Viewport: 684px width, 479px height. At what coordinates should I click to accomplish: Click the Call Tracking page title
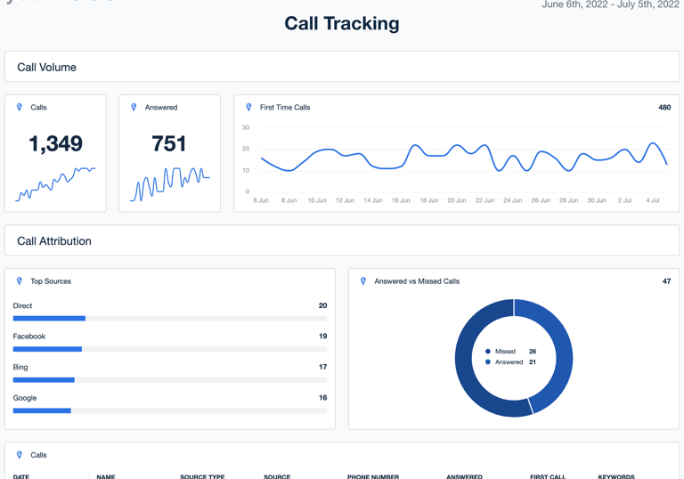pyautogui.click(x=341, y=24)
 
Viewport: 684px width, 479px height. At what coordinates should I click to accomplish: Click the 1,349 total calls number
pyautogui.click(x=55, y=143)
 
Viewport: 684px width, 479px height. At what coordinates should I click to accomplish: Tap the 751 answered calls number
pyautogui.click(x=169, y=143)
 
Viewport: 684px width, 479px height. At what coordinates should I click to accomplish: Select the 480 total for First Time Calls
pyautogui.click(x=664, y=108)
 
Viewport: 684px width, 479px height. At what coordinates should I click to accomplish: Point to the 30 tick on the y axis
pyautogui.click(x=246, y=127)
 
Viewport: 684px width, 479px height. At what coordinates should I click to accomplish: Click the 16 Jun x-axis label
pyautogui.click(x=401, y=200)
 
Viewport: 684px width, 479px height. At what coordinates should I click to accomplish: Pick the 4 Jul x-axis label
pyautogui.click(x=653, y=200)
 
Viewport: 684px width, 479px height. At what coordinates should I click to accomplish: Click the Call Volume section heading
pyautogui.click(x=46, y=68)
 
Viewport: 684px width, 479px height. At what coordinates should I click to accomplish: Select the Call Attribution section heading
pyautogui.click(x=54, y=241)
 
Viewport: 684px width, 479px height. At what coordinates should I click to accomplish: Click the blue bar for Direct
pyautogui.click(x=49, y=318)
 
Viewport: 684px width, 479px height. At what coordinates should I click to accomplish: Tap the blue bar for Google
pyautogui.click(x=42, y=410)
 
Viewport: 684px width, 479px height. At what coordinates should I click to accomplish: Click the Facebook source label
pyautogui.click(x=29, y=337)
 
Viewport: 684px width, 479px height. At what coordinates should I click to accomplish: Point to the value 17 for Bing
pyautogui.click(x=322, y=367)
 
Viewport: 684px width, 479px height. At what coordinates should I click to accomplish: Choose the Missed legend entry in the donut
pyautogui.click(x=505, y=352)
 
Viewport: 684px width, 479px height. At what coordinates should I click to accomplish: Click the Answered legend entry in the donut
pyautogui.click(x=509, y=362)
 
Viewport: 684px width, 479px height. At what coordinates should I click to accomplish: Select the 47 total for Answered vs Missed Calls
pyautogui.click(x=666, y=281)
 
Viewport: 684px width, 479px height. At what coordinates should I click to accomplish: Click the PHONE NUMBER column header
pyautogui.click(x=372, y=476)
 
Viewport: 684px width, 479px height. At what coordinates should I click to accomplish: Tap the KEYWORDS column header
pyautogui.click(x=615, y=476)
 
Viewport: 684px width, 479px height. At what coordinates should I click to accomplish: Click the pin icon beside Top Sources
pyautogui.click(x=20, y=281)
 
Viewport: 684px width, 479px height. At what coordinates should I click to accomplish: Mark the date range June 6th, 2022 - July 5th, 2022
pyautogui.click(x=610, y=5)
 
